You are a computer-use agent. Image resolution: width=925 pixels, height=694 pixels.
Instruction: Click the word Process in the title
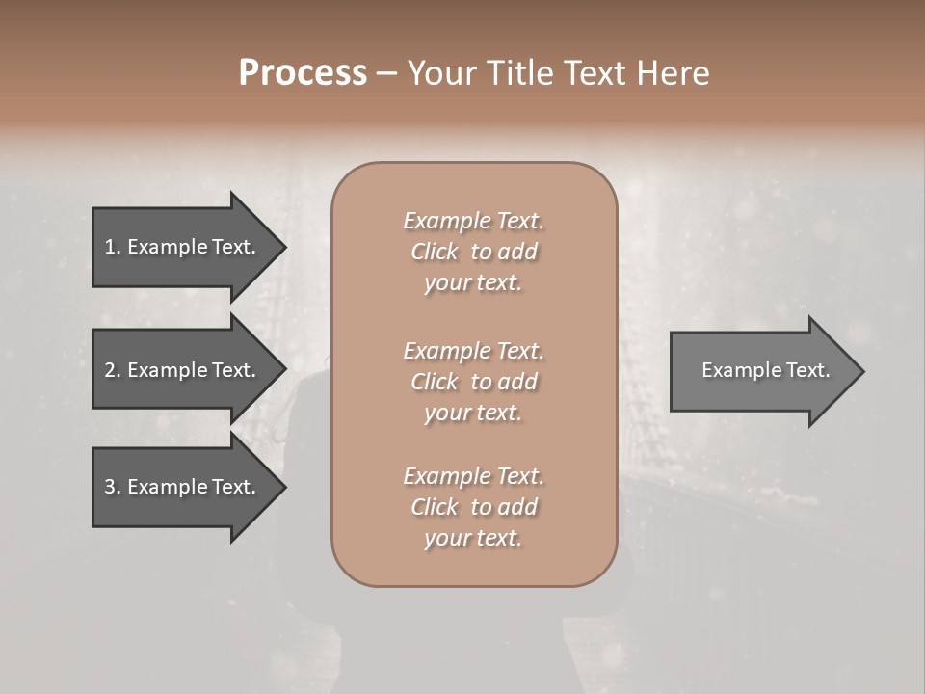pos(303,73)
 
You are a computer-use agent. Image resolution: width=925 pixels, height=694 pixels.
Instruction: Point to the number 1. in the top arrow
pos(112,247)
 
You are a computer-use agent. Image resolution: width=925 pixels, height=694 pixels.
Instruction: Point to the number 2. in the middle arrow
pos(112,370)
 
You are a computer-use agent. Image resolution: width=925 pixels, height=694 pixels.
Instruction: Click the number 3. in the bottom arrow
pos(112,487)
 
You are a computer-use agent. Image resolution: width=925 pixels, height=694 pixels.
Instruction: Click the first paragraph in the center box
pos(473,252)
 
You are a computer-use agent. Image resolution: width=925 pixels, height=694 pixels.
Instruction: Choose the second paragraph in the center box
pos(473,382)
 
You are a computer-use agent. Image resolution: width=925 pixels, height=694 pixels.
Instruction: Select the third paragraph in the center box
pos(473,507)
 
